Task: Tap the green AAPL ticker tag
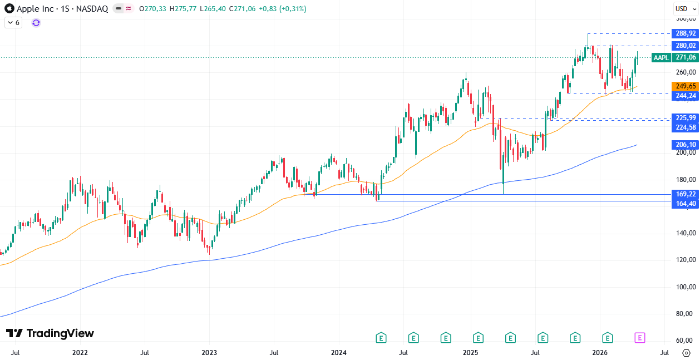click(x=661, y=57)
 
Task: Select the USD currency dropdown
click(x=682, y=8)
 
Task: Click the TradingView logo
click(x=50, y=333)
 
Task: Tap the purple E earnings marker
click(x=640, y=337)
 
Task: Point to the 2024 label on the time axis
click(x=338, y=352)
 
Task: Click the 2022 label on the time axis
click(x=80, y=352)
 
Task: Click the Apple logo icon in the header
click(x=9, y=9)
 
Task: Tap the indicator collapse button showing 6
click(x=13, y=23)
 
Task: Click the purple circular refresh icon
click(x=36, y=23)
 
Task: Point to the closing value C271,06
click(x=242, y=9)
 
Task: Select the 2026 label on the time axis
click(x=599, y=352)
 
